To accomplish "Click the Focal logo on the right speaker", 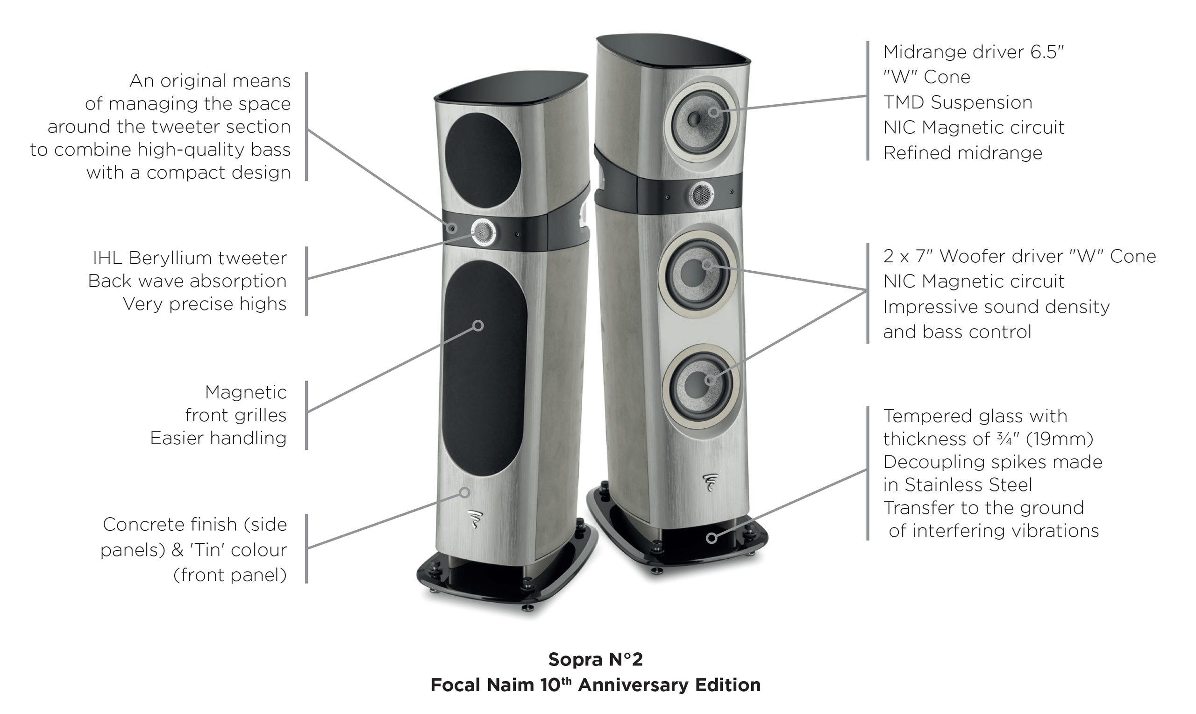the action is click(x=711, y=483).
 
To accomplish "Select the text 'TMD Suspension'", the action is click(x=958, y=102).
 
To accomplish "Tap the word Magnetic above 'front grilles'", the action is click(x=246, y=392).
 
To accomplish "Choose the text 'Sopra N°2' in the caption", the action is click(x=596, y=659).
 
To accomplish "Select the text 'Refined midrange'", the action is click(x=963, y=152).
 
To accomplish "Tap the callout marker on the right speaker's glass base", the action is click(x=712, y=538).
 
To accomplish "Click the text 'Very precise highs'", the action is click(x=205, y=303).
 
